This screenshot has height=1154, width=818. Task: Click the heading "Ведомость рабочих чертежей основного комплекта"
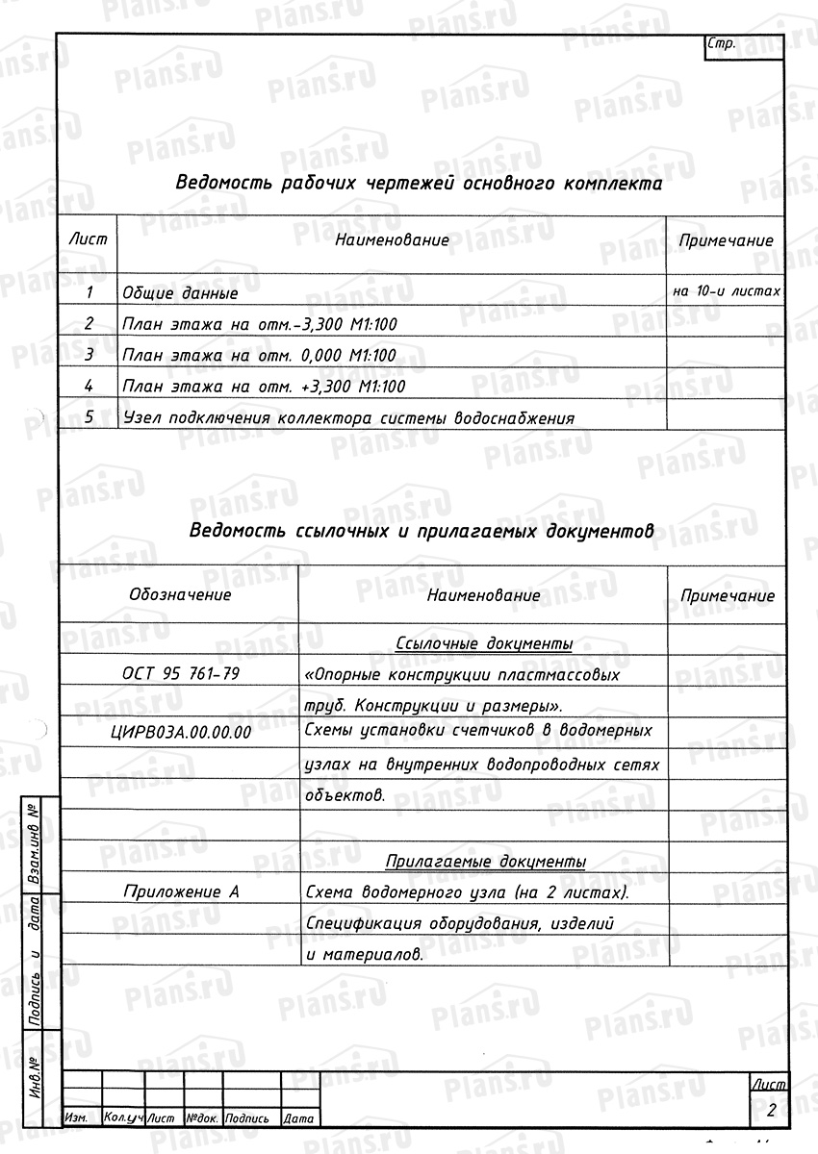(x=419, y=184)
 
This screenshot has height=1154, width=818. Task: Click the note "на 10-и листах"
(x=727, y=289)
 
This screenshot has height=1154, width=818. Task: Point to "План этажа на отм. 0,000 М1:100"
(x=259, y=355)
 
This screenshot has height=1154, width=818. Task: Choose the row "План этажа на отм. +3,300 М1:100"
(x=264, y=387)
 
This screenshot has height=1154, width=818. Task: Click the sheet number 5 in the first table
(x=89, y=417)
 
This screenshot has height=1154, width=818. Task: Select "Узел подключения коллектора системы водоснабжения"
(x=348, y=418)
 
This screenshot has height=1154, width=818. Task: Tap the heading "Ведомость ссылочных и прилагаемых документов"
(x=422, y=530)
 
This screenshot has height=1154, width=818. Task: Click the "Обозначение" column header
(x=180, y=594)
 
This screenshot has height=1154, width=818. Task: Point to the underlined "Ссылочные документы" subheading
(x=484, y=642)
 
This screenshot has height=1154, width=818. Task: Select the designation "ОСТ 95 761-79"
(x=181, y=673)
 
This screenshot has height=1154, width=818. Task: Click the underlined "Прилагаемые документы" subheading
(x=485, y=861)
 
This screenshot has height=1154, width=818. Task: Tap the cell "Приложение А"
(x=181, y=891)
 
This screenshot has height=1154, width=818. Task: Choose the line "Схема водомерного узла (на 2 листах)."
(x=466, y=892)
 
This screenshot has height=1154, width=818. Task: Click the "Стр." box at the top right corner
(x=722, y=45)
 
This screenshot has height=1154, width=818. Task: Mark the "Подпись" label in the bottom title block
(x=247, y=1119)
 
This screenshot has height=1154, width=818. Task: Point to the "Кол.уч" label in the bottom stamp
(x=123, y=1119)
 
